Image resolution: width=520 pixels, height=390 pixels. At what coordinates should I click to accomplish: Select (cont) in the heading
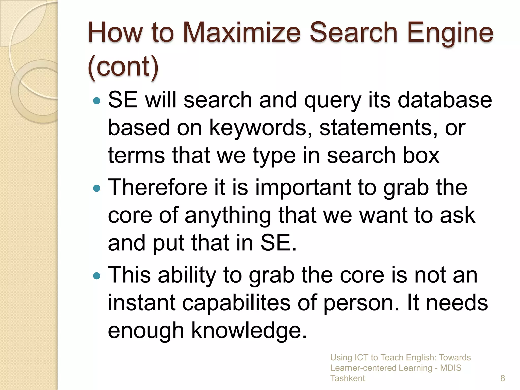click(123, 67)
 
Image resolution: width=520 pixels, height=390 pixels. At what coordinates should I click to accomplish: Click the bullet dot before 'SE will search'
click(97, 101)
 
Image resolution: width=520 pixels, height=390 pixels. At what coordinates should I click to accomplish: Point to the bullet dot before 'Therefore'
click(97, 188)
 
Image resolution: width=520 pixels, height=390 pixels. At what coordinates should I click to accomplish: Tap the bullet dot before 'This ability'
click(97, 276)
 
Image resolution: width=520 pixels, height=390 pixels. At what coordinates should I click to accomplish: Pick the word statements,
click(378, 128)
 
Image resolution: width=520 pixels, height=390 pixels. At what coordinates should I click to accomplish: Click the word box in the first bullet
click(421, 155)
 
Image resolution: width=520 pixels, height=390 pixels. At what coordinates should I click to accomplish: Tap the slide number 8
click(502, 378)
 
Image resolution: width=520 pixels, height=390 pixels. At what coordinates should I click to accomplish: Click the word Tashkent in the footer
click(347, 378)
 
